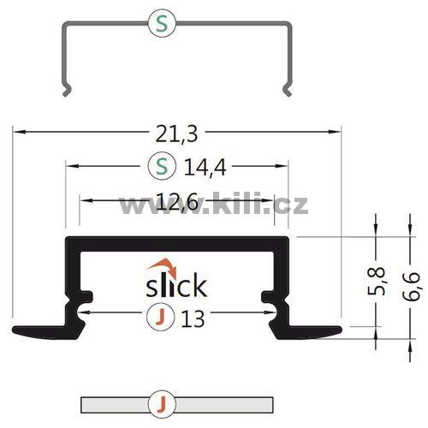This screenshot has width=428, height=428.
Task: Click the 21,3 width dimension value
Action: tap(176, 134)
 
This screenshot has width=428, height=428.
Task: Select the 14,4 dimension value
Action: tap(205, 168)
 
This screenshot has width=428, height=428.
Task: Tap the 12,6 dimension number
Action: tap(177, 202)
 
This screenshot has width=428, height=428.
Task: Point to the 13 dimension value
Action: tap(193, 318)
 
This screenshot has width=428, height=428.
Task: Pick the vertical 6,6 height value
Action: tap(411, 286)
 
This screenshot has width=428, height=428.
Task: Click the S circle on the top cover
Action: tap(162, 25)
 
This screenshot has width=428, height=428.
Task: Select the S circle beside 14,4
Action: tap(162, 165)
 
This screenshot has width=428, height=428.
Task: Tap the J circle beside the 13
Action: tap(160, 317)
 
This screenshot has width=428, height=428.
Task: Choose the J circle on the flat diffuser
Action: tap(162, 404)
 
